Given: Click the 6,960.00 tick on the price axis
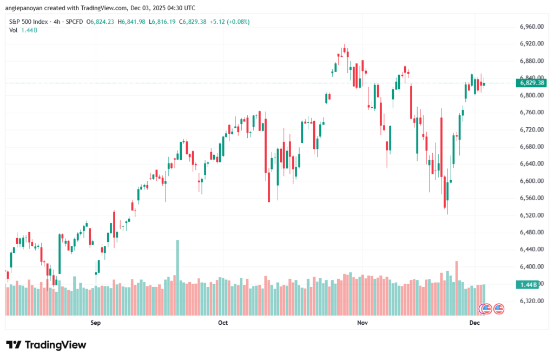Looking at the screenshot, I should pyautogui.click(x=531, y=27).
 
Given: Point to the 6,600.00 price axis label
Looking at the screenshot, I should pyautogui.click(x=531, y=181).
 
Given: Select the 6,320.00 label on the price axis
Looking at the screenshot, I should pyautogui.click(x=531, y=301).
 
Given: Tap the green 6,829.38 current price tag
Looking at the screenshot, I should pyautogui.click(x=532, y=83).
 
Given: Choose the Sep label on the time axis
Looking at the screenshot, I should pyautogui.click(x=96, y=323).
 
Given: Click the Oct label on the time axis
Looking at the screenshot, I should pyautogui.click(x=222, y=323).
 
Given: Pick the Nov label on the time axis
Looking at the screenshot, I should pyautogui.click(x=362, y=323).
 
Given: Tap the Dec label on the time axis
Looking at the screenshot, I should pyautogui.click(x=474, y=323).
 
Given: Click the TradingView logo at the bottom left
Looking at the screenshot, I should pyautogui.click(x=46, y=345).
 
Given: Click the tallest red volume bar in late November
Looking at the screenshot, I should pyautogui.click(x=457, y=287).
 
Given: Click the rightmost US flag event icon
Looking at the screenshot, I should pyautogui.click(x=498, y=309).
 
